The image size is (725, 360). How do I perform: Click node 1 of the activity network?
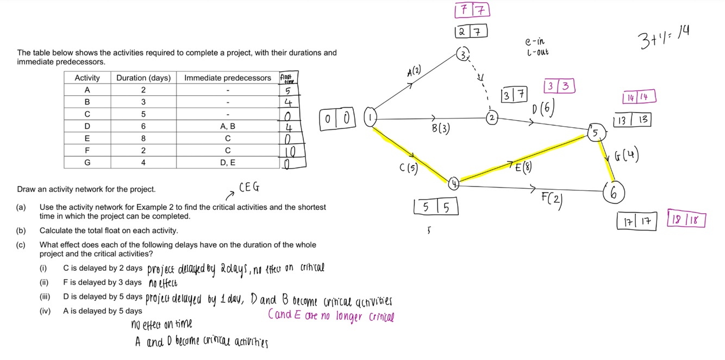pyautogui.click(x=371, y=117)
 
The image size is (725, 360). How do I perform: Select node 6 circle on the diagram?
pyautogui.click(x=614, y=193)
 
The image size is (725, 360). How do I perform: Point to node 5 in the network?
pyautogui.click(x=595, y=133)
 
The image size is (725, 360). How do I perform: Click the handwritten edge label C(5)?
pyautogui.click(x=409, y=168)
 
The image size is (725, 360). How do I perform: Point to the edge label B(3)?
pyautogui.click(x=440, y=129)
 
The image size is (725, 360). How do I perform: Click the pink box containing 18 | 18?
pyautogui.click(x=686, y=220)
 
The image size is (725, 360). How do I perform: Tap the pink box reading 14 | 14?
pyautogui.click(x=639, y=97)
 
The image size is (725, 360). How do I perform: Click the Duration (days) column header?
pyautogui.click(x=143, y=78)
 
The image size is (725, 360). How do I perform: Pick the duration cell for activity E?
pyautogui.click(x=143, y=138)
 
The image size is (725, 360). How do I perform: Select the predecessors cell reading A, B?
pyautogui.click(x=228, y=126)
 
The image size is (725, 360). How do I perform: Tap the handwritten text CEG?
pyautogui.click(x=249, y=188)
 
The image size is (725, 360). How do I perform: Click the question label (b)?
pyautogui.click(x=21, y=231)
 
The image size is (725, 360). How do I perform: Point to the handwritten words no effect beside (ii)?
pyautogui.click(x=162, y=283)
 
